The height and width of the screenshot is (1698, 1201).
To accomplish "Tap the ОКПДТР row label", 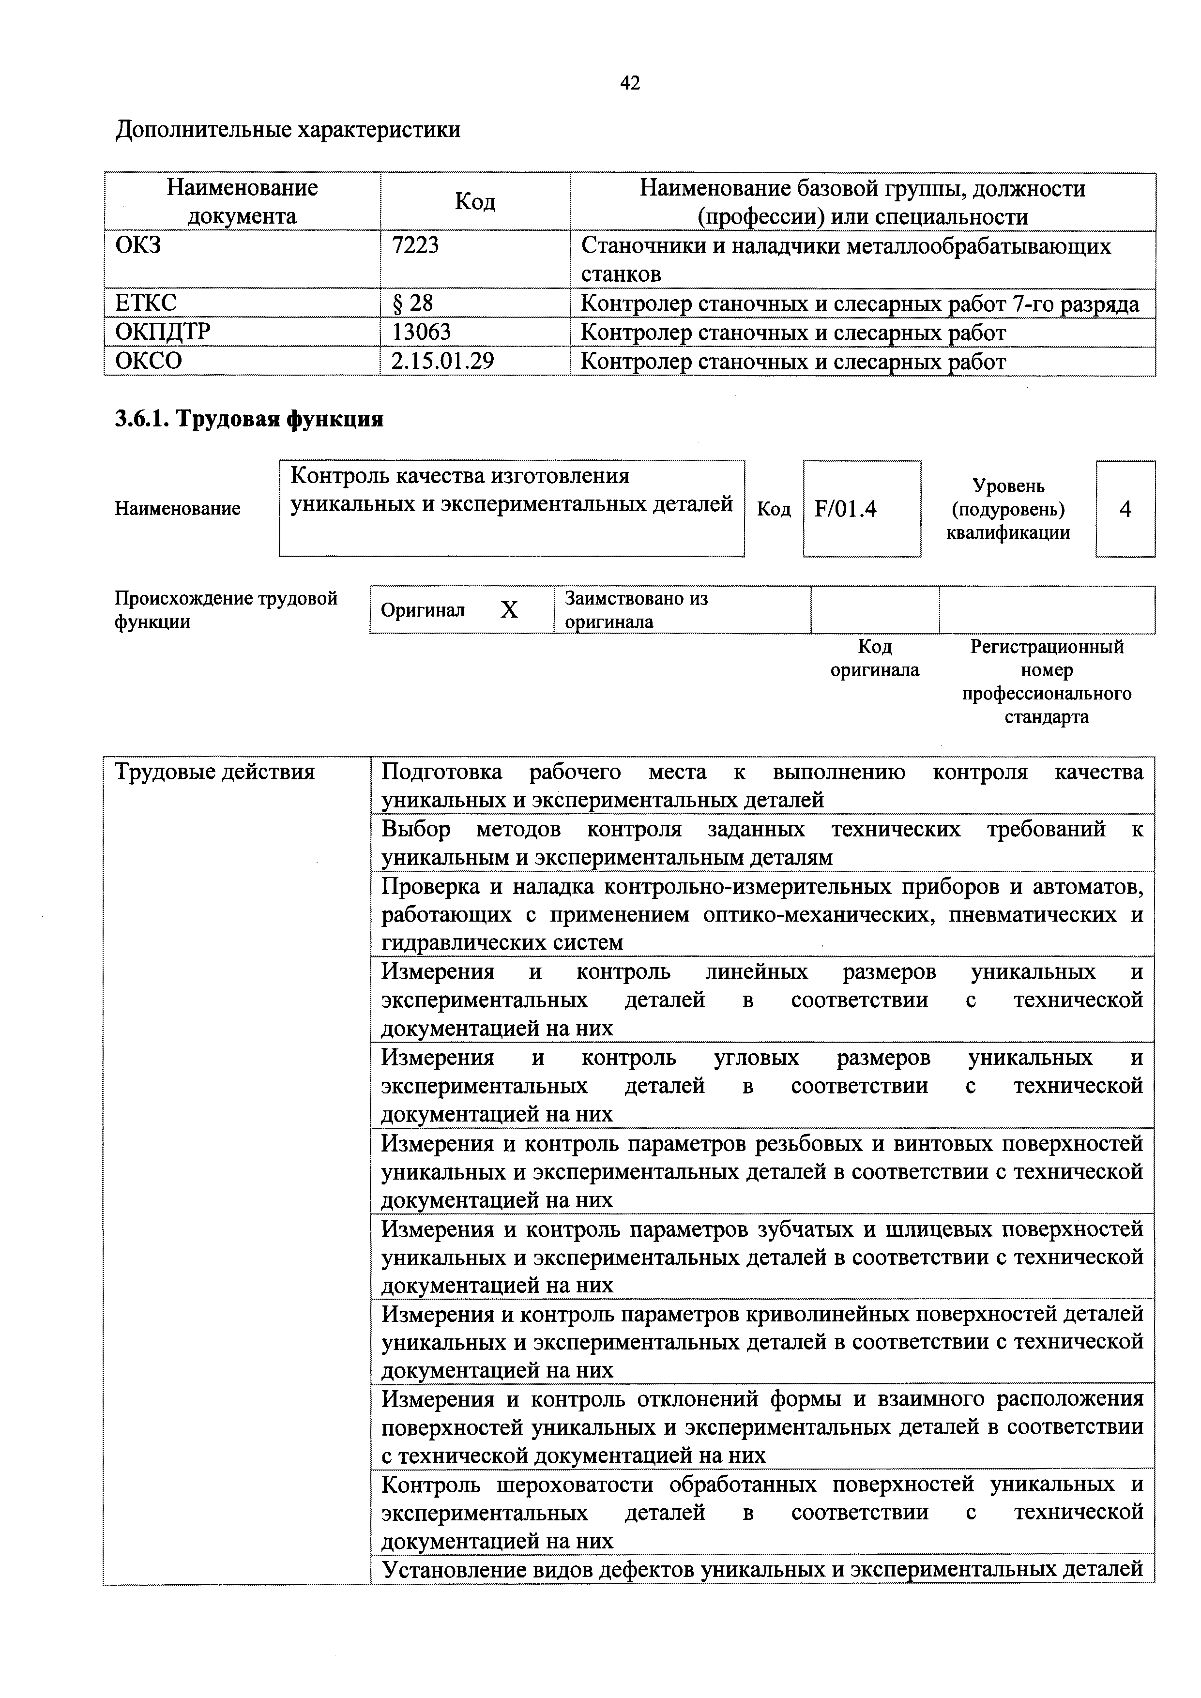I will [163, 332].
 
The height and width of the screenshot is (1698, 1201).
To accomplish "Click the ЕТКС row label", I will [146, 303].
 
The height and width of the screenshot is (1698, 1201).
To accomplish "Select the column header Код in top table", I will [475, 201].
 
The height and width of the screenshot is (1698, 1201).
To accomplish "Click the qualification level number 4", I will [1125, 509].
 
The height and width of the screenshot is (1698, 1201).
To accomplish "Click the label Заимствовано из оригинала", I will [636, 609].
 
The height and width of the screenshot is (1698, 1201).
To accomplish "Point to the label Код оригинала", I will [874, 658].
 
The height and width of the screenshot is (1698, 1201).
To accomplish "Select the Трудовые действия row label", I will [214, 772].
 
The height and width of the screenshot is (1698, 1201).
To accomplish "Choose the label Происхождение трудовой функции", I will [226, 609].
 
